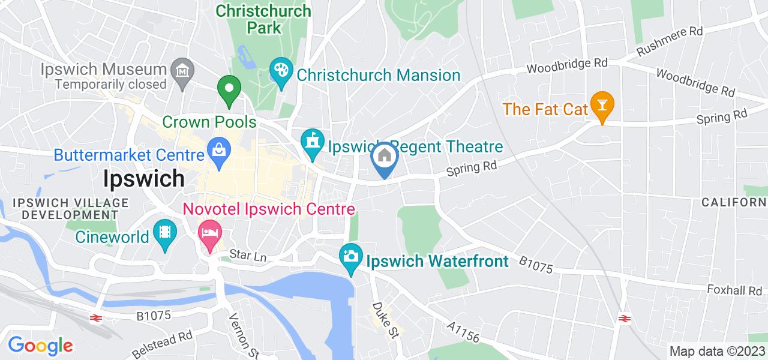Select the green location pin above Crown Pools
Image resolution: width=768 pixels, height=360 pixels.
tap(229, 91)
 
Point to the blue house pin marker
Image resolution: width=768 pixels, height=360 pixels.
tap(385, 157)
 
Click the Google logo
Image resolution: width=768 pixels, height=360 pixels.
tap(40, 346)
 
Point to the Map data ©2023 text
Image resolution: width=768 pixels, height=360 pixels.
tap(717, 351)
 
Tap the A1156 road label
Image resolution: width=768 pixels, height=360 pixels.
tap(463, 331)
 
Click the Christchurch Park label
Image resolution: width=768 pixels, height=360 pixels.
tap(263, 19)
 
